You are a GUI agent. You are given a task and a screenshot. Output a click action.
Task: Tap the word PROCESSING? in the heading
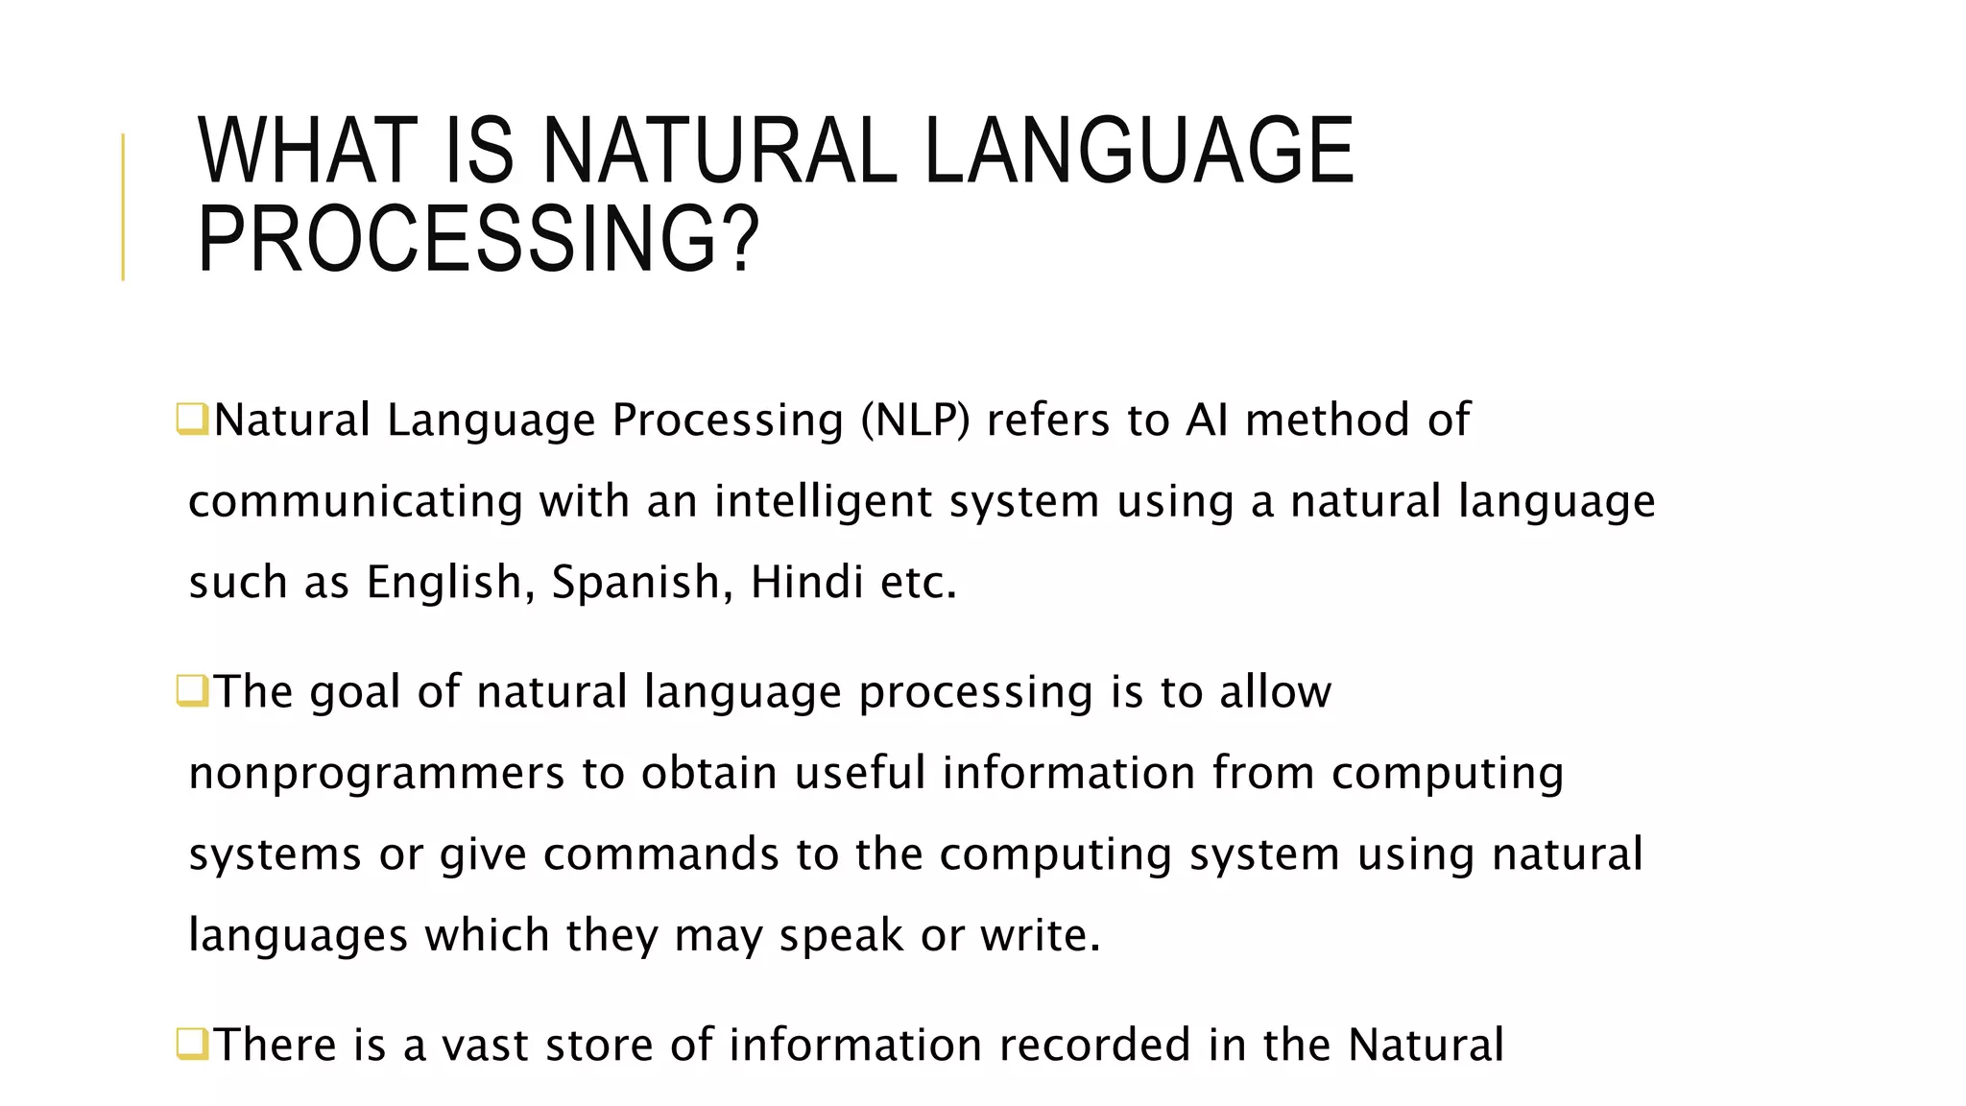(478, 239)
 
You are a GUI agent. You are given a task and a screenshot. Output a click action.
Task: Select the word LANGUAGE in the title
(1138, 151)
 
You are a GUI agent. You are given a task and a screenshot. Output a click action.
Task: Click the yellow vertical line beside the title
(123, 206)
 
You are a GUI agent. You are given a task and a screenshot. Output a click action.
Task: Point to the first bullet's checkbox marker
(192, 420)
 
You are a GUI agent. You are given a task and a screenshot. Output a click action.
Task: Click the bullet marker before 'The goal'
(192, 691)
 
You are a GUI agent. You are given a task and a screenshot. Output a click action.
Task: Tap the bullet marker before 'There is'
(192, 1044)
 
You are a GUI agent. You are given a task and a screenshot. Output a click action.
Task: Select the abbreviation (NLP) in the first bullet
(916, 421)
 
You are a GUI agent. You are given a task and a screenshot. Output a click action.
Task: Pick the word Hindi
(806, 582)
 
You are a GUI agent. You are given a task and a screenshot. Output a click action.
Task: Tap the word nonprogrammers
(376, 774)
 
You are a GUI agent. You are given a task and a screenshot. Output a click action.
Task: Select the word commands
(660, 854)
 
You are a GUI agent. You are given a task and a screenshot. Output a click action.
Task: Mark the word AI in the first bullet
(1207, 421)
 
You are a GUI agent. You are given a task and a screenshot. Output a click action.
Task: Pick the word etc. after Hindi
(918, 582)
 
